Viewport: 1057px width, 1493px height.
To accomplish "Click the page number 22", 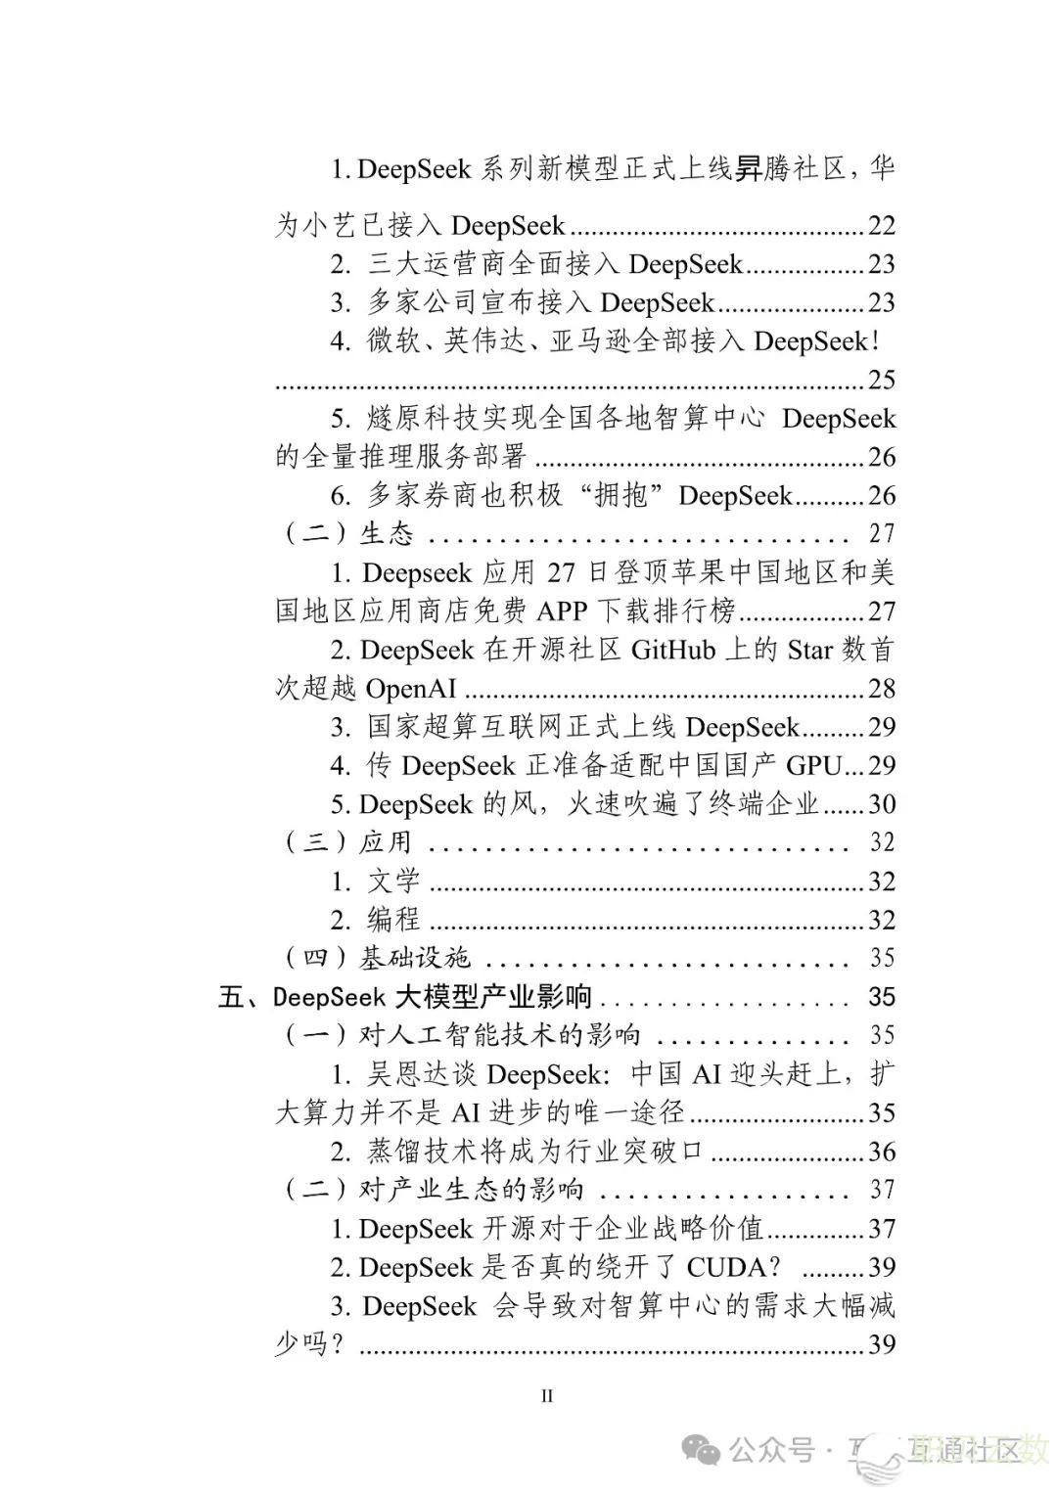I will [x=881, y=226].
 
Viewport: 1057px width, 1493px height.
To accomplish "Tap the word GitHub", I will [x=672, y=651].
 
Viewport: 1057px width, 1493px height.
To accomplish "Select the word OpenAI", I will [x=411, y=690].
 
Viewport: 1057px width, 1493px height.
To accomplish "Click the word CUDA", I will [x=725, y=1268].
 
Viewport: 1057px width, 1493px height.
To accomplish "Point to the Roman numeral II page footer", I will [x=547, y=1396].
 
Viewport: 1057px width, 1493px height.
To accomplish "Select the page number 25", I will [x=881, y=381].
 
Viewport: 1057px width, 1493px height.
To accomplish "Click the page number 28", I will [x=881, y=690].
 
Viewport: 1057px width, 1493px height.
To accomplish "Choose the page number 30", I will [x=881, y=804].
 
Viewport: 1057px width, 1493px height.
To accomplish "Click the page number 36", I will [x=881, y=1152].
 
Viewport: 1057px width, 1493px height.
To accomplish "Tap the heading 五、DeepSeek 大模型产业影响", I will [x=405, y=997].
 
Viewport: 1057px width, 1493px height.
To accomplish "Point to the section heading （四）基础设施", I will [x=377, y=959].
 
